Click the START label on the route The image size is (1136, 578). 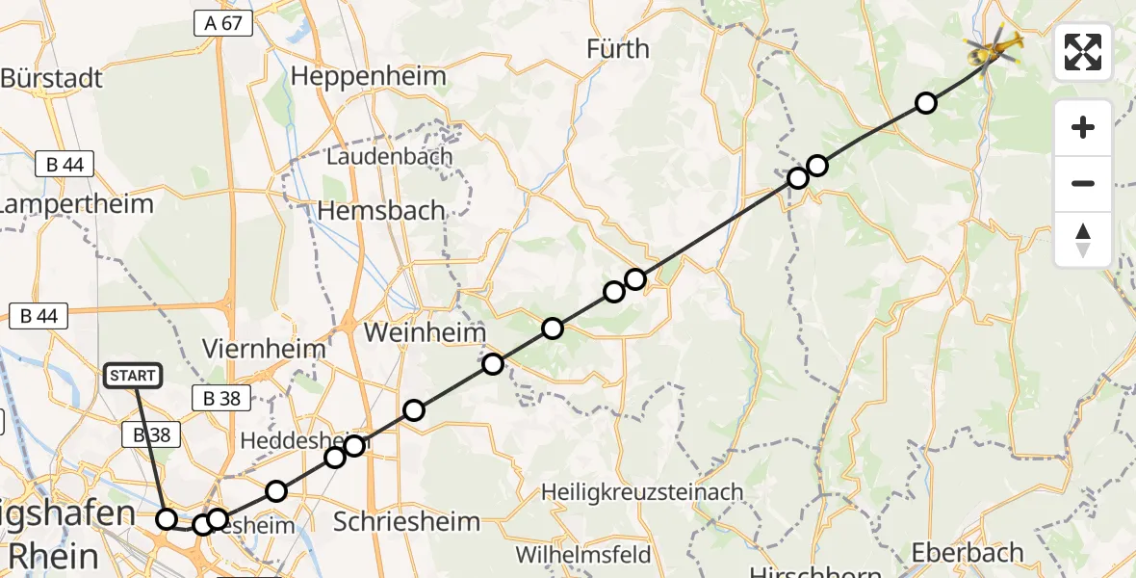[x=133, y=376]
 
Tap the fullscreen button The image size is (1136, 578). [x=1083, y=52]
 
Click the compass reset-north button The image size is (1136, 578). [x=1083, y=240]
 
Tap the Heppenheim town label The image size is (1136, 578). [x=370, y=76]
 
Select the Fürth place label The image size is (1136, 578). [x=617, y=48]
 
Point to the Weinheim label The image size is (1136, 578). [x=424, y=332]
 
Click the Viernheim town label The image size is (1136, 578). [x=265, y=348]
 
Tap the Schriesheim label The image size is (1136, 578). [x=405, y=522]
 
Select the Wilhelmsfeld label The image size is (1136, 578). [x=583, y=555]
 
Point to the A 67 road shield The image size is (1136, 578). [x=222, y=23]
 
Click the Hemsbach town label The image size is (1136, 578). [x=381, y=210]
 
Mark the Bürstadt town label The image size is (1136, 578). [x=53, y=77]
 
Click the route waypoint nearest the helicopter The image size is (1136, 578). [x=925, y=103]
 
